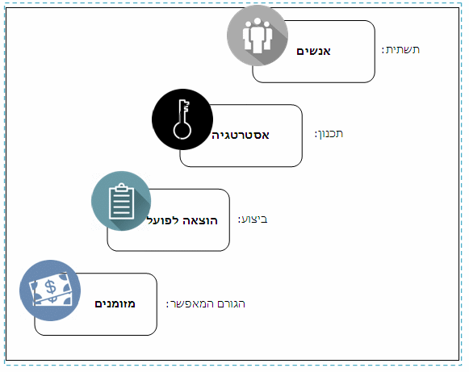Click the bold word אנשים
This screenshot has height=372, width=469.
click(313, 51)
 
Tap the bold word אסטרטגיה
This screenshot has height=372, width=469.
click(241, 136)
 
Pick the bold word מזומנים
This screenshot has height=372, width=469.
click(115, 304)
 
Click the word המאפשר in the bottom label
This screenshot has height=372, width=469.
click(192, 304)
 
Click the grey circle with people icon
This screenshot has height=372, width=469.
click(258, 36)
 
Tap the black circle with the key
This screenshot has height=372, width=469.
click(182, 119)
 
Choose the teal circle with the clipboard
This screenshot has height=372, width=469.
click(121, 201)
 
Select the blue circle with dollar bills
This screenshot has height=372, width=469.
click(50, 290)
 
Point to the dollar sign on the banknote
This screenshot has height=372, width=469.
click(51, 286)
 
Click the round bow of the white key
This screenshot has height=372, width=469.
click(182, 130)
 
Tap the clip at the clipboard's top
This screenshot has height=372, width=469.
click(121, 187)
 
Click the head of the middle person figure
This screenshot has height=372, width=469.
click(258, 22)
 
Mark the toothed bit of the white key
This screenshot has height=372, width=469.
click(186, 107)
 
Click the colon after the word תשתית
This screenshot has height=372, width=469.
click(383, 50)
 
